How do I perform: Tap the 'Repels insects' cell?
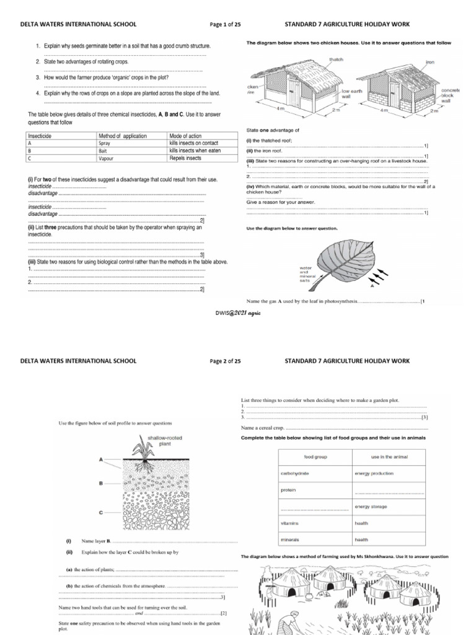pos(185,158)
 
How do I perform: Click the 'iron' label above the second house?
pos(430,63)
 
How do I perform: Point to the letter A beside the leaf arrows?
pos(372,287)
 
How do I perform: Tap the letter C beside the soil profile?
pos(100,513)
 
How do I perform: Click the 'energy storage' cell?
pos(371,507)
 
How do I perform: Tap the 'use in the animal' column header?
pos(381,457)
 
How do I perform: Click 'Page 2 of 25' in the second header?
pos(230,360)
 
